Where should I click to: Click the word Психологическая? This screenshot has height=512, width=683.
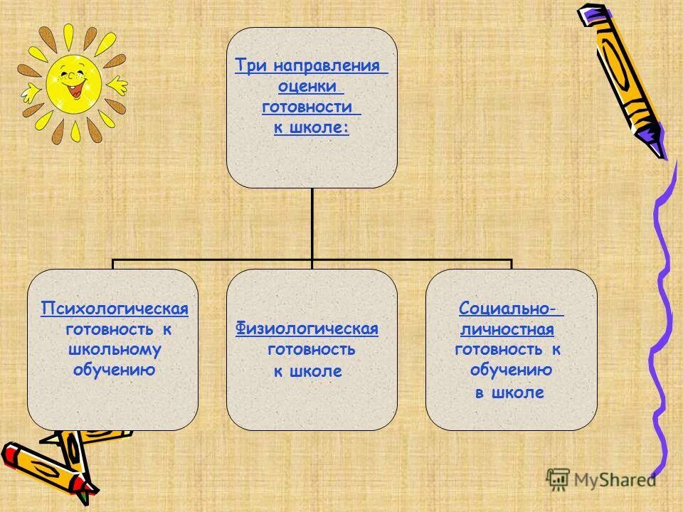pyautogui.click(x=115, y=309)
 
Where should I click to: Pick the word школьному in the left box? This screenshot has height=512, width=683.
pyautogui.click(x=114, y=349)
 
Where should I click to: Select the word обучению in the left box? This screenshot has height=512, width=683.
pyautogui.click(x=114, y=370)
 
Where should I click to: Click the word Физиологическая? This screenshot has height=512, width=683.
pyautogui.click(x=307, y=329)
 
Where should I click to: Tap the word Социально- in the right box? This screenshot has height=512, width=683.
pyautogui.click(x=508, y=309)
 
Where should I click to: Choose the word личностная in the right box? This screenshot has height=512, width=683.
pyautogui.click(x=507, y=329)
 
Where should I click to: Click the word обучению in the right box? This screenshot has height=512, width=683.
pyautogui.click(x=511, y=370)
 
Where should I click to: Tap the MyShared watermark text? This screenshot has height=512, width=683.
pyautogui.click(x=615, y=481)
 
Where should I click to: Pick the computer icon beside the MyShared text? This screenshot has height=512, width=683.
pyautogui.click(x=558, y=479)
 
